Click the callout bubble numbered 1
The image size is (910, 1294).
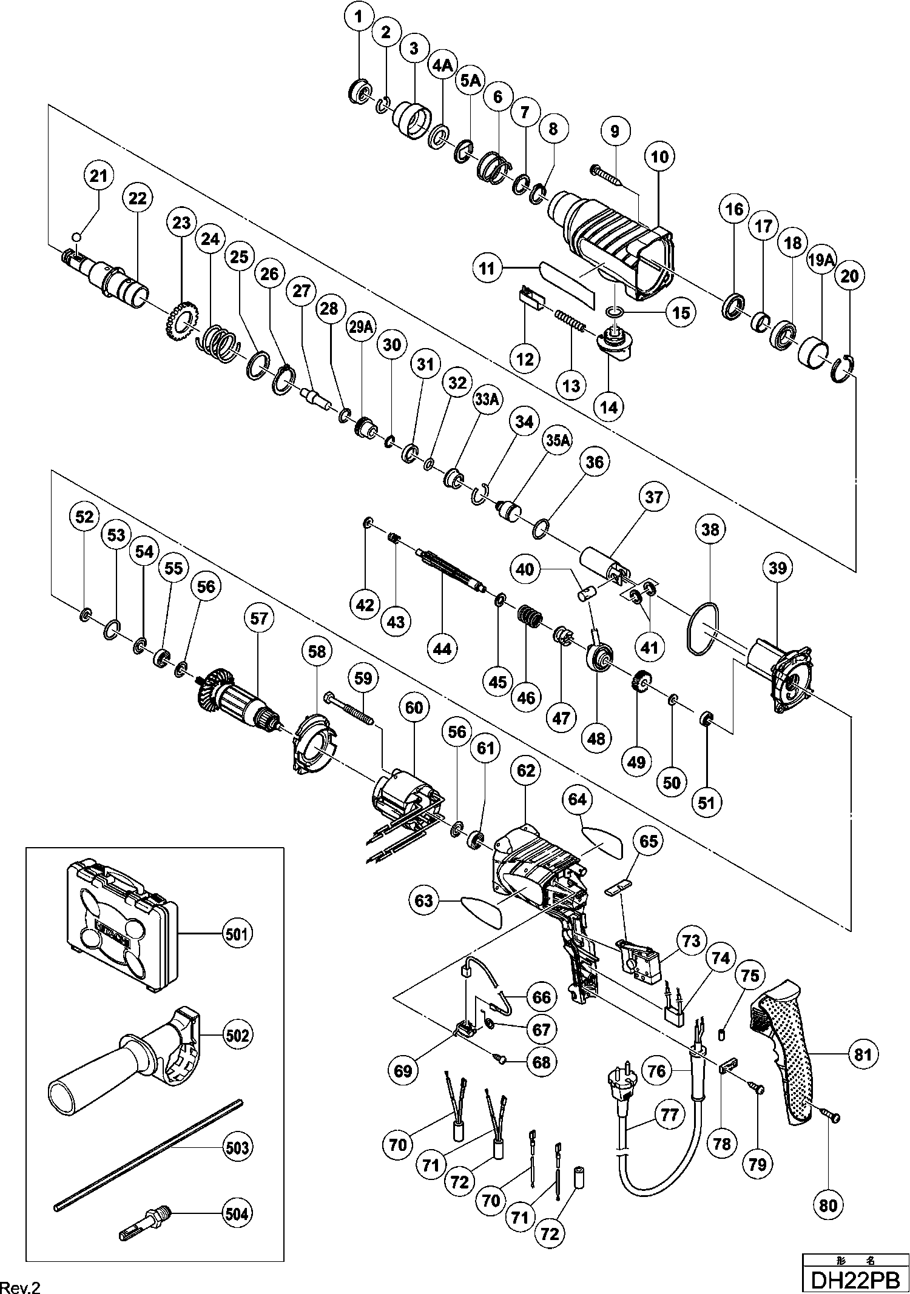(359, 18)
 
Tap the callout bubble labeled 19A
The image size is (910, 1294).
(820, 261)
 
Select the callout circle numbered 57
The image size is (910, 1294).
(259, 619)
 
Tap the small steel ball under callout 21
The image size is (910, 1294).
(75, 236)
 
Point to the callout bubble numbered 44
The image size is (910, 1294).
(442, 648)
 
